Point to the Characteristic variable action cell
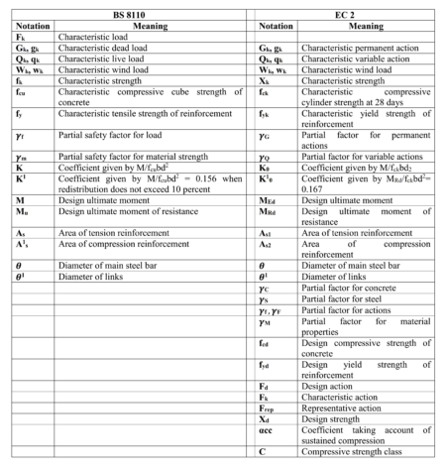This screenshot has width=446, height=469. point(342,57)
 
